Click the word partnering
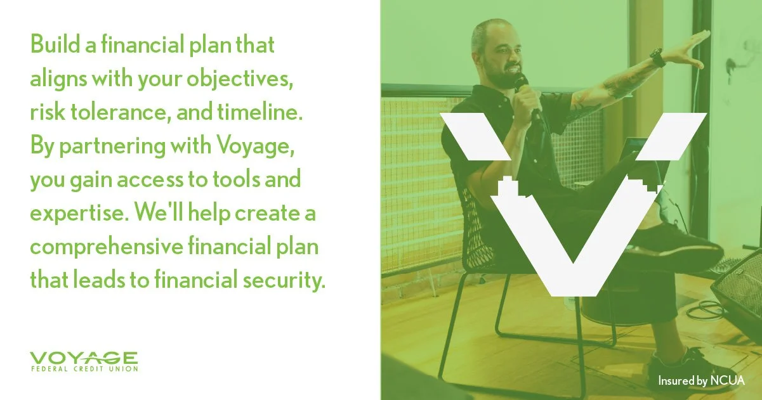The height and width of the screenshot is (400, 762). pyautogui.click(x=110, y=148)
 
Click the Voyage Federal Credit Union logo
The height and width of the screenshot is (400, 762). pyautogui.click(x=83, y=361)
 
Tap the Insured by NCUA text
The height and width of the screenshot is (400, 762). pyautogui.click(x=701, y=381)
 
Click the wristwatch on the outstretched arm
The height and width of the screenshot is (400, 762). pyautogui.click(x=657, y=58)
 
